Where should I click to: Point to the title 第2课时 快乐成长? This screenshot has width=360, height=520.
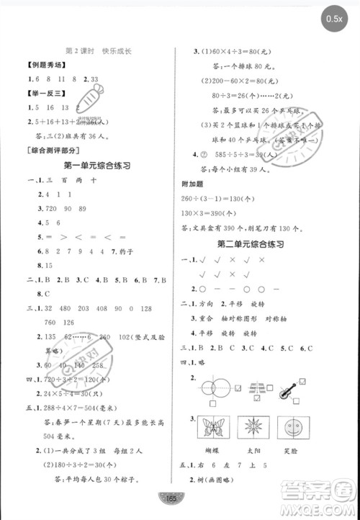click(101, 51)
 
